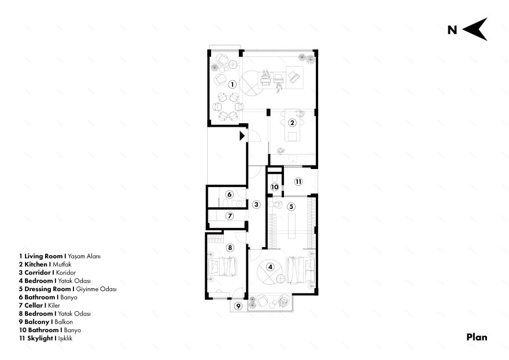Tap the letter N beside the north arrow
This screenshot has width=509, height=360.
pos(452,30)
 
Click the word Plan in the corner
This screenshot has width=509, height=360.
pos(477,337)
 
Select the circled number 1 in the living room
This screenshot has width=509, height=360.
pos(232,85)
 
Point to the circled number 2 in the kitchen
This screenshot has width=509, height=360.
pos(292,123)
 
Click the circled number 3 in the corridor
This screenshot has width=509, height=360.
pos(256,205)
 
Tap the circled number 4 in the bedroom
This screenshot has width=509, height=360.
pos(270,267)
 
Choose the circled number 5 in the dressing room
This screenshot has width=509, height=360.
pos(291,207)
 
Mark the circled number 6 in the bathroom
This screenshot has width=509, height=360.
pos(230,194)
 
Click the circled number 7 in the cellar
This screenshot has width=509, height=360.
pos(230,216)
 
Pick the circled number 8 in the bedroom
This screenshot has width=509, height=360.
pos(230,248)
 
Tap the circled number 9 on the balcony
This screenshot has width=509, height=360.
pos(238,306)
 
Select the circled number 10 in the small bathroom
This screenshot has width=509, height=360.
pos(275,187)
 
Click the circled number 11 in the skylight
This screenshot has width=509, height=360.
pos(298,182)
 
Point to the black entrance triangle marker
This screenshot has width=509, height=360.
pos(242,136)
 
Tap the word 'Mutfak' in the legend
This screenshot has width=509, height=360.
pos(62,265)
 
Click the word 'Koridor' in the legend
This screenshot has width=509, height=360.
pos(65,273)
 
